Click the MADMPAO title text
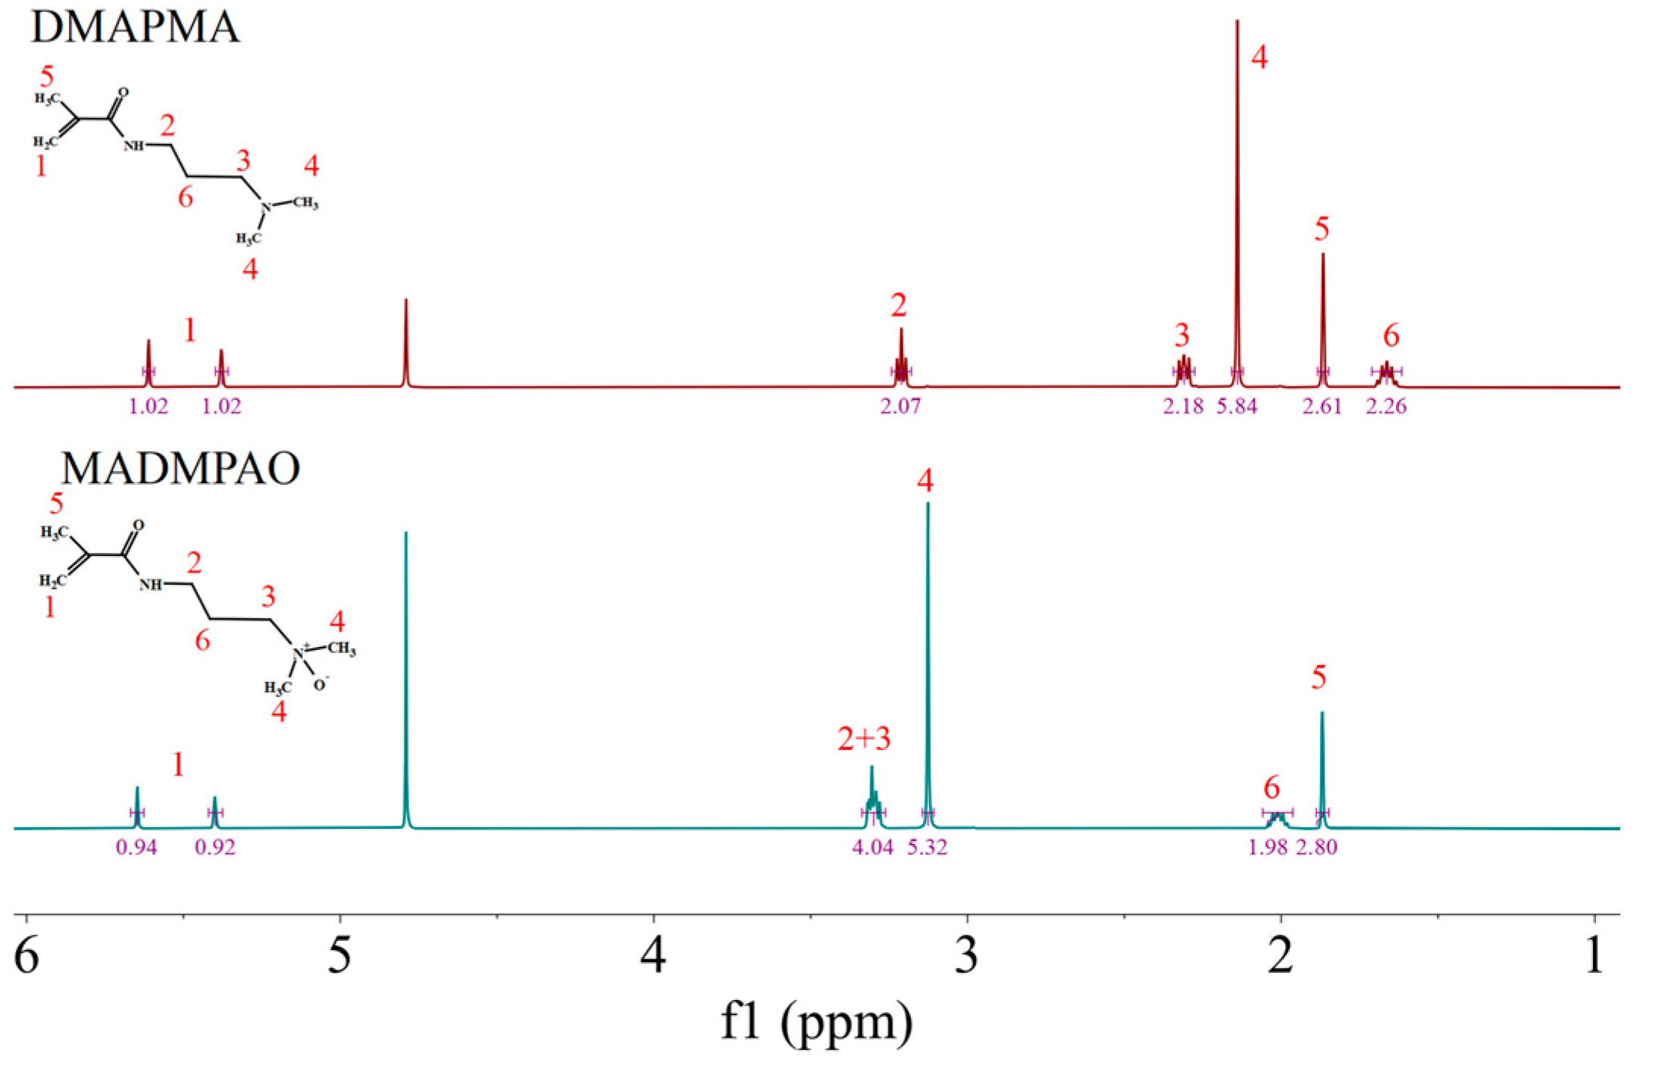point(180,469)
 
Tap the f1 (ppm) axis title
point(816,1023)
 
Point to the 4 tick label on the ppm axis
point(653,956)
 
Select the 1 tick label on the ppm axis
point(1594,956)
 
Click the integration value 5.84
point(1237,407)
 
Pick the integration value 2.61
point(1322,407)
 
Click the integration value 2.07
point(900,407)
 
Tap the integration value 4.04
point(873,847)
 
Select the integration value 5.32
point(928,847)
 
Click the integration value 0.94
point(136,847)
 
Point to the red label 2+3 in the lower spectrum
point(864,738)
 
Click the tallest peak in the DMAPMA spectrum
point(1237,152)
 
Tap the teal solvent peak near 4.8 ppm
point(406,682)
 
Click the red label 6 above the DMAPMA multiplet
point(1391,336)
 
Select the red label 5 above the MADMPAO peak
point(1319,677)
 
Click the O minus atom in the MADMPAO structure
point(321,684)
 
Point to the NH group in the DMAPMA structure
point(133,145)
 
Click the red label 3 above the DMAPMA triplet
point(1182,335)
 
